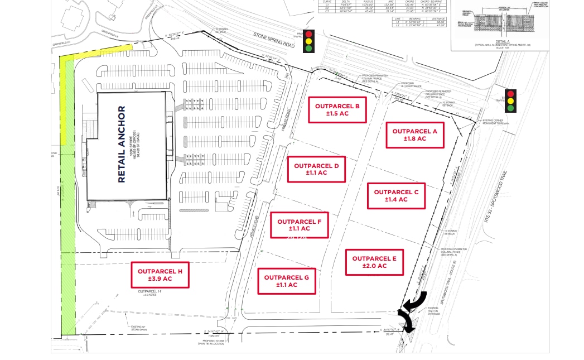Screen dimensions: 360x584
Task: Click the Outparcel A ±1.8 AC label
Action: pyautogui.click(x=414, y=135)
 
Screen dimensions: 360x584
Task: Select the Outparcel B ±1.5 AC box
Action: pyautogui.click(x=337, y=109)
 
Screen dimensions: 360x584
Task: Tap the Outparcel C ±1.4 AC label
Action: pyautogui.click(x=396, y=196)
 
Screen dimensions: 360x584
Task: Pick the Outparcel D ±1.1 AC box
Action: pyautogui.click(x=316, y=170)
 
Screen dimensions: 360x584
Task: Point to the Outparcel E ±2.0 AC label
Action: pyautogui.click(x=374, y=262)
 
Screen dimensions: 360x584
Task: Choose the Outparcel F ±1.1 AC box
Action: pyautogui.click(x=299, y=225)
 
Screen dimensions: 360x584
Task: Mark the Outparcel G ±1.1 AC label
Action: pyautogui.click(x=287, y=281)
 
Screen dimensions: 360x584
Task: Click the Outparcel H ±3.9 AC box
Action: pyautogui.click(x=160, y=275)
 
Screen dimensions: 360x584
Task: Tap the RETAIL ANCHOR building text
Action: pyautogui.click(x=122, y=144)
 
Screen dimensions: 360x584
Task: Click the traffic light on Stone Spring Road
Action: pyautogui.click(x=308, y=41)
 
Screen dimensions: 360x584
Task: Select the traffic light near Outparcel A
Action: pyautogui.click(x=510, y=101)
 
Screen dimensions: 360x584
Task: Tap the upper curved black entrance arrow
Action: pyautogui.click(x=416, y=301)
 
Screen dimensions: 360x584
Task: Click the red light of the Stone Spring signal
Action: pyautogui.click(x=308, y=34)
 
